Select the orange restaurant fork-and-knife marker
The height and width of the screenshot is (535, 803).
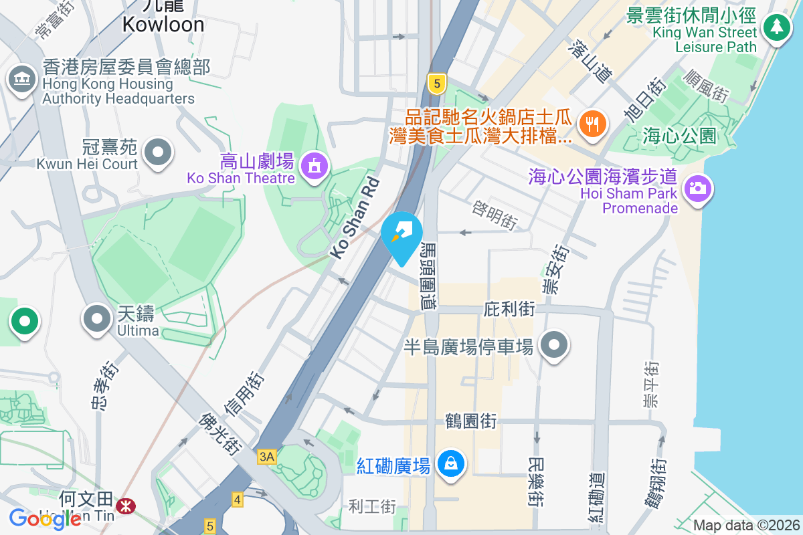pyautogui.click(x=592, y=123)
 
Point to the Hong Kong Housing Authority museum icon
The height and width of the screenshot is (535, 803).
pyautogui.click(x=22, y=80)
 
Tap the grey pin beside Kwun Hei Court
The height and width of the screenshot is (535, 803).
pyautogui.click(x=158, y=151)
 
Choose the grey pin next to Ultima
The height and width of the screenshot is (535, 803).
pyautogui.click(x=97, y=319)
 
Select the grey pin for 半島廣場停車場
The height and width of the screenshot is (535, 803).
pyautogui.click(x=553, y=345)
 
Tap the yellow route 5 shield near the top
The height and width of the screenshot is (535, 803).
pyautogui.click(x=436, y=84)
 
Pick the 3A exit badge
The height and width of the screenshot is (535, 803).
pyautogui.click(x=267, y=457)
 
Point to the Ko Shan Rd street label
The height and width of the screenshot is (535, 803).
pyautogui.click(x=355, y=218)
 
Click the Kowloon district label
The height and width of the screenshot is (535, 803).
pyautogui.click(x=163, y=25)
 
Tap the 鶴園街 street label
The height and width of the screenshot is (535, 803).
pyautogui.click(x=471, y=421)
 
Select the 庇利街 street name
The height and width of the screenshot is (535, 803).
pyautogui.click(x=509, y=309)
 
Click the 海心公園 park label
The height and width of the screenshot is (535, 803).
pyautogui.click(x=679, y=136)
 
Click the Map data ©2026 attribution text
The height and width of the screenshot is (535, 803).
pyautogui.click(x=745, y=525)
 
